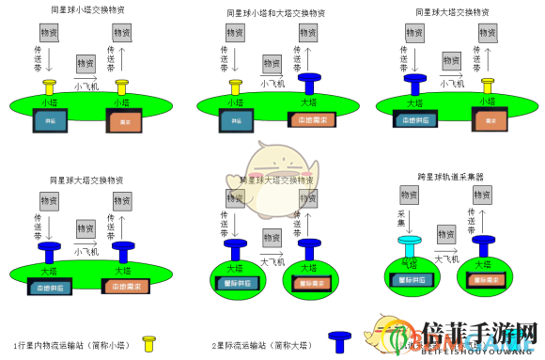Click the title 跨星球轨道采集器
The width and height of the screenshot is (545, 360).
point(450,177)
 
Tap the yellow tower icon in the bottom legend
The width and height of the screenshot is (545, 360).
point(148,343)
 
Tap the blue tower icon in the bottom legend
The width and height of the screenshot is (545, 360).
point(341,340)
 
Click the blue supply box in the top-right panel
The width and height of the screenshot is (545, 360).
point(414,119)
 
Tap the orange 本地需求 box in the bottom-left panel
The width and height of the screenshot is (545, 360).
point(123,287)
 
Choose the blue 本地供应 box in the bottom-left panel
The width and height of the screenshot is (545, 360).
point(50,287)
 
